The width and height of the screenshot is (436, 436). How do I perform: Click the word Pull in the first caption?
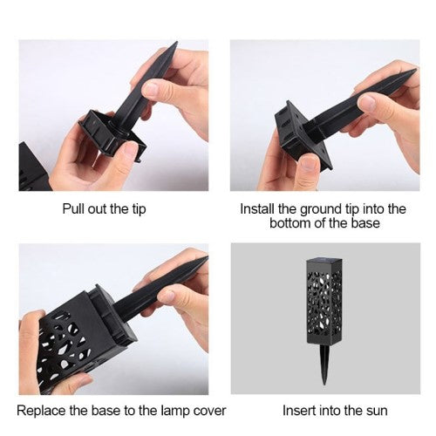tap(69, 209)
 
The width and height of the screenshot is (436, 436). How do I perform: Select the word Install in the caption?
tap(257, 208)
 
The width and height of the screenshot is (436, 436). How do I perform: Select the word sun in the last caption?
tap(376, 412)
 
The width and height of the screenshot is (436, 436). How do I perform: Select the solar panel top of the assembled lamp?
tap(324, 262)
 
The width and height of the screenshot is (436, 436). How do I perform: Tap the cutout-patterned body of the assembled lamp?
tap(324, 305)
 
